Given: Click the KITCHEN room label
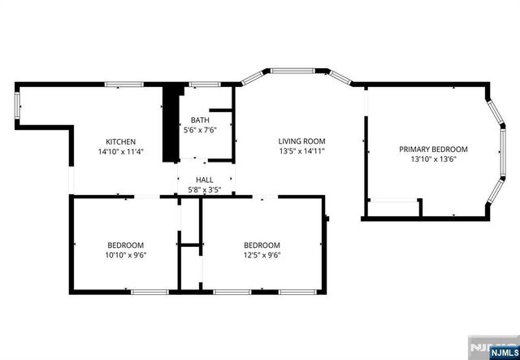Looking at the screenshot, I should click(120, 141).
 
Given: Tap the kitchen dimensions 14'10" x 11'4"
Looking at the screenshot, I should click(120, 151).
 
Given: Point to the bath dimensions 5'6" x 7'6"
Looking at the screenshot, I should click(199, 129).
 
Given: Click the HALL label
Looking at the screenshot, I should click(204, 180).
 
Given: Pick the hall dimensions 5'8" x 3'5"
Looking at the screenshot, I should click(204, 190).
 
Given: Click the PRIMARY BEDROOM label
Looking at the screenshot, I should click(433, 149).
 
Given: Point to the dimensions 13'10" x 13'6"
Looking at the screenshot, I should click(433, 159).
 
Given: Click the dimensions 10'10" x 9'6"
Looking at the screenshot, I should click(126, 255).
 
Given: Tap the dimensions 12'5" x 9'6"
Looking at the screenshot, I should click(262, 255).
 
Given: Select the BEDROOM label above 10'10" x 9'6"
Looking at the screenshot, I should click(126, 245).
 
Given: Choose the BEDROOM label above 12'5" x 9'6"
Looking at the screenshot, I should click(262, 245).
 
